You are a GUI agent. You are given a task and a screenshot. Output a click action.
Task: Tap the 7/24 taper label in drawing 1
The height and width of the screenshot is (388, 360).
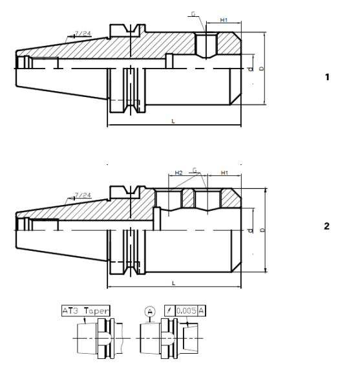click(x=83, y=32)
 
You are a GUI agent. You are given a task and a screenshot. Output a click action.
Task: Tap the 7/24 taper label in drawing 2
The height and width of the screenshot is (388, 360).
click(x=83, y=195)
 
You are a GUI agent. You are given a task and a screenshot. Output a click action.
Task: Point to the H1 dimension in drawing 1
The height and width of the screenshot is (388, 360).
click(x=224, y=21)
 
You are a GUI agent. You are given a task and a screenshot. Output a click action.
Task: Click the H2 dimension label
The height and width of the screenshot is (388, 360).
click(x=179, y=173)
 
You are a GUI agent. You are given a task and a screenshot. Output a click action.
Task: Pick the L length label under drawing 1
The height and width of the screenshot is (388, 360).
click(x=173, y=121)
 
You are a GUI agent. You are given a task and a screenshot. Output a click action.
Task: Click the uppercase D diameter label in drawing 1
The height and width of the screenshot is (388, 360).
click(x=260, y=68)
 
